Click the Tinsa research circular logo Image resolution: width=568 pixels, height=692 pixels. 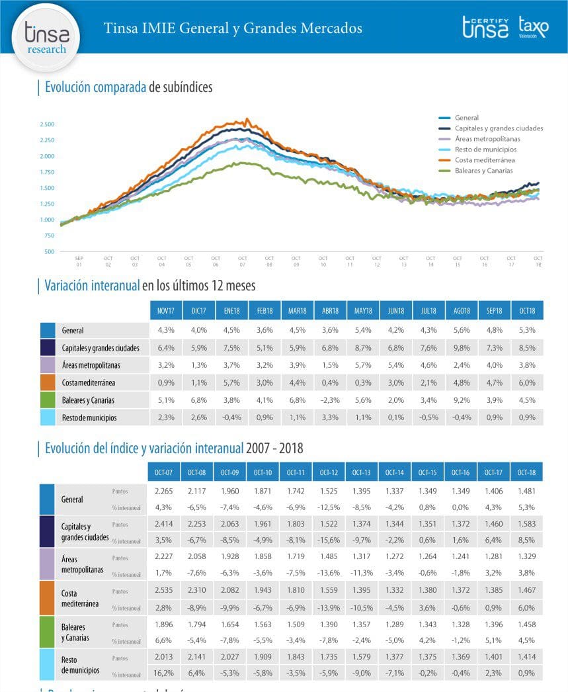(x=46, y=37)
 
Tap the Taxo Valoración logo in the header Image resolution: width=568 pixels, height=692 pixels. (x=533, y=28)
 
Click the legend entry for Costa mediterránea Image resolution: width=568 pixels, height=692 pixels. (x=485, y=160)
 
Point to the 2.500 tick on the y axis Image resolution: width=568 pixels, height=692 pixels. (x=47, y=124)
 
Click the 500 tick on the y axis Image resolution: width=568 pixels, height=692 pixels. (x=50, y=251)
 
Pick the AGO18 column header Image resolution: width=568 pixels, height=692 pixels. (x=462, y=310)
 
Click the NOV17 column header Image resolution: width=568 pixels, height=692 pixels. (x=166, y=310)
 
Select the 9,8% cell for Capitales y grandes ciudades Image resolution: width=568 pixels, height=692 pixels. (x=462, y=347)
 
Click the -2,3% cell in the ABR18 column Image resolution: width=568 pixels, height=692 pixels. (x=331, y=400)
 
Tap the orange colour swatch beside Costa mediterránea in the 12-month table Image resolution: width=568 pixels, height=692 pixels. (x=48, y=382)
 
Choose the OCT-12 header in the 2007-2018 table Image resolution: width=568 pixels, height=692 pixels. (x=329, y=472)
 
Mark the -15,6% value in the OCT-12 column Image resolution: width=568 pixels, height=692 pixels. (x=329, y=540)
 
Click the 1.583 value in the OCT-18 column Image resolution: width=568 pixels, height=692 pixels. (x=527, y=523)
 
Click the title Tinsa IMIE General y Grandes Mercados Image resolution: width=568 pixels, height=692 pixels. (x=233, y=28)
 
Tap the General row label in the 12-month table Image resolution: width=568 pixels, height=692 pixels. (x=73, y=330)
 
